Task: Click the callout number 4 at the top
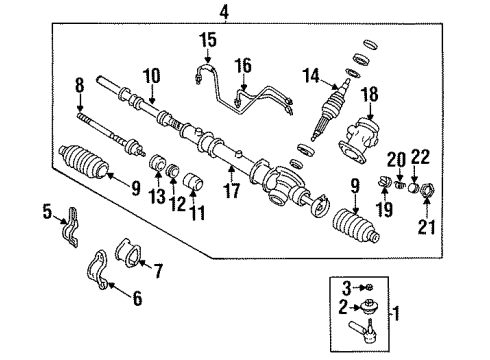coord(224,12)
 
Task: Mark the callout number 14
coord(314,75)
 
